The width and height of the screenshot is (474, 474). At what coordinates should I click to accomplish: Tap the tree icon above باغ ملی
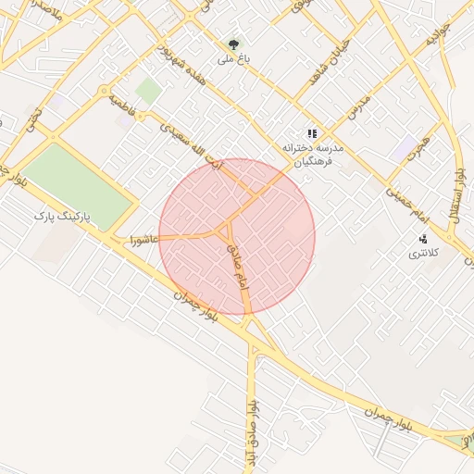click(x=232, y=43)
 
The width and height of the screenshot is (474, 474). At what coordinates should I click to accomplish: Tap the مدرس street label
click(x=359, y=106)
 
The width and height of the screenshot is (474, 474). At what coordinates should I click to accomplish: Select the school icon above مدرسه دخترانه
click(x=312, y=133)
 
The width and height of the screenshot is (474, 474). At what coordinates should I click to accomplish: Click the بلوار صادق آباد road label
click(x=250, y=433)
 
